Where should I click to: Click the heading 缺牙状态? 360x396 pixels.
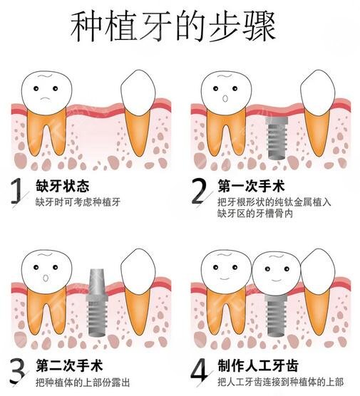pyautogui.click(x=62, y=187)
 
